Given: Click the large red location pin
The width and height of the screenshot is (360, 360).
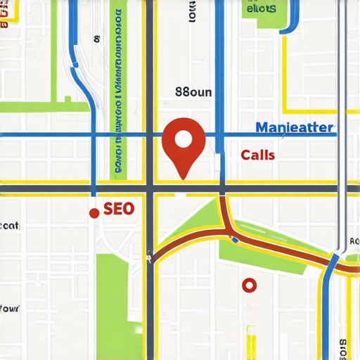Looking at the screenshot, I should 183,145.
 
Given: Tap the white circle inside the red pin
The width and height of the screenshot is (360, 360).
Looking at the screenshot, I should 183,138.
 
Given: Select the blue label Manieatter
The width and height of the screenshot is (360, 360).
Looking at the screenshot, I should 295,129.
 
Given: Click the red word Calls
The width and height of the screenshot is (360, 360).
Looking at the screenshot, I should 257,155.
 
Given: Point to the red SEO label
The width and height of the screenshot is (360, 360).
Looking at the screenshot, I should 118,209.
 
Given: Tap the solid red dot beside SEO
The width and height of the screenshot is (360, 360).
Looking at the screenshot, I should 94,213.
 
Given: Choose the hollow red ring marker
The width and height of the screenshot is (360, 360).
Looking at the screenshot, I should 248,285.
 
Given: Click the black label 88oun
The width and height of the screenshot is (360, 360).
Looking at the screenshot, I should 193,92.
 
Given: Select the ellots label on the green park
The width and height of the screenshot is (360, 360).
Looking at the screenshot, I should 260,9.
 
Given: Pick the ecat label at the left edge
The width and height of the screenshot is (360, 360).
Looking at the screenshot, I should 10,226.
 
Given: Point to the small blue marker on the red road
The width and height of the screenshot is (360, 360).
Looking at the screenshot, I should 235,240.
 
